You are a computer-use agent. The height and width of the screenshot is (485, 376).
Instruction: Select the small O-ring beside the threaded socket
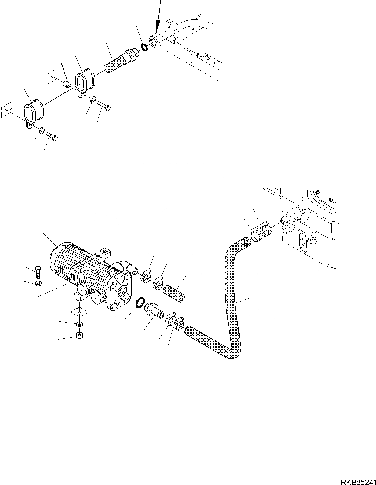click(144, 47)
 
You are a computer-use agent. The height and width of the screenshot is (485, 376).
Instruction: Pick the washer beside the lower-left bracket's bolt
click(42, 131)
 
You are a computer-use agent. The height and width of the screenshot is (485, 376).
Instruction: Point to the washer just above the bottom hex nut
click(80, 324)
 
